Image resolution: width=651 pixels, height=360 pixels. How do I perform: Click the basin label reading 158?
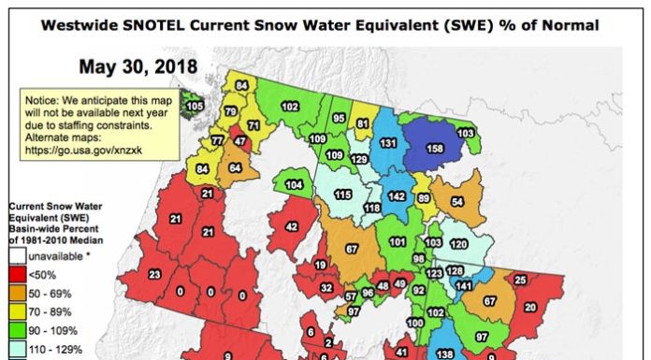[x=435, y=148]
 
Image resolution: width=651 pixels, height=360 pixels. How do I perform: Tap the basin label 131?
[x=385, y=143]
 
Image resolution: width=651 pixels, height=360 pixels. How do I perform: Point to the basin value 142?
[x=398, y=197]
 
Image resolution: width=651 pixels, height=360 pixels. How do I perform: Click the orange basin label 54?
[x=457, y=202]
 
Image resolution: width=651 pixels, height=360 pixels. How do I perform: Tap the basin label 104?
[x=295, y=186]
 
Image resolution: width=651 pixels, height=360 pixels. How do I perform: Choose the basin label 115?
[x=342, y=194]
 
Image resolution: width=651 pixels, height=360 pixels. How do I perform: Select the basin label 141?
[x=463, y=285]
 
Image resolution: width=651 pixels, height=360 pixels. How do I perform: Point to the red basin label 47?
[x=240, y=141]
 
